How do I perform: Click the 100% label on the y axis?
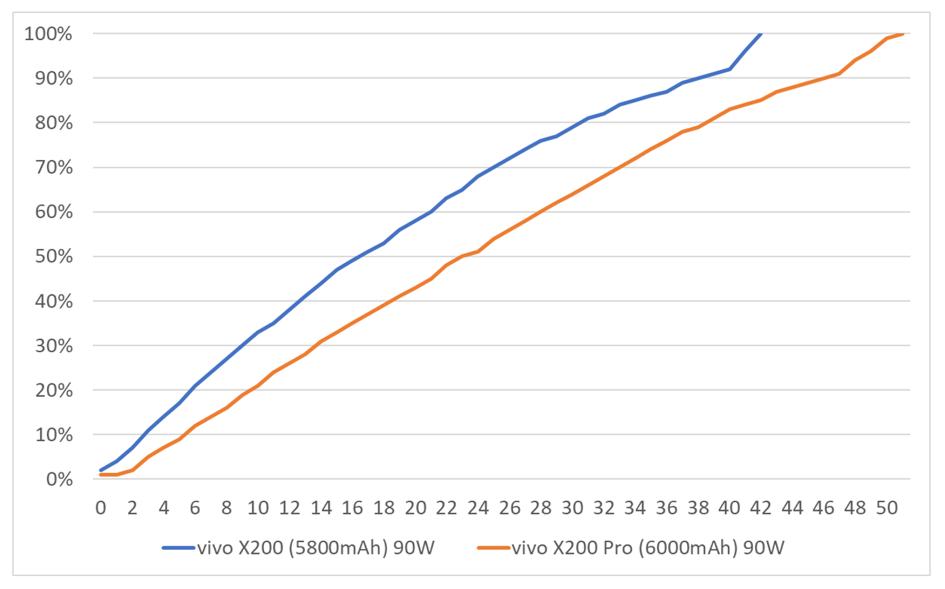coord(48,33)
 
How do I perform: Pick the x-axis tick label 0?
coord(101,507)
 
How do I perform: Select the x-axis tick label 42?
coord(762,507)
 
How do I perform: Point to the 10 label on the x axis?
coord(258,507)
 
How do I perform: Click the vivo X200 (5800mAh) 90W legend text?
coord(314,547)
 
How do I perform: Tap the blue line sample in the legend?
coord(178,547)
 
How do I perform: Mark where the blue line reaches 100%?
coord(762,33)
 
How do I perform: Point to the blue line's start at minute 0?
coord(101,470)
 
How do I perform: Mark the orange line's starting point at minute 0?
coord(101,475)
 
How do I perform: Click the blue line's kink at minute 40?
coord(730,69)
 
